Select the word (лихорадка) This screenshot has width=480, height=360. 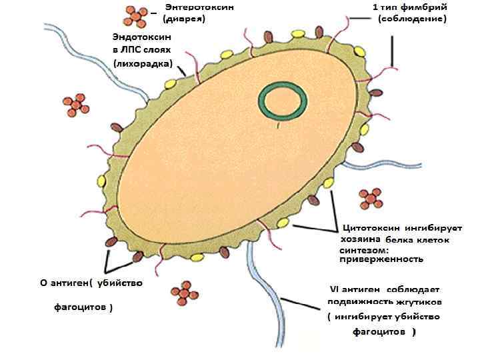pyautogui.click(x=143, y=64)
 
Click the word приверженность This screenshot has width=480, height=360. pyautogui.click(x=381, y=259)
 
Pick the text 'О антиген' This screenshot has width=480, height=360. pyautogui.click(x=63, y=283)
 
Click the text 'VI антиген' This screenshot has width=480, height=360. pyautogui.click(x=355, y=289)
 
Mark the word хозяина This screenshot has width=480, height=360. pyautogui.click(x=361, y=239)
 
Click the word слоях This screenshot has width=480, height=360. pyautogui.click(x=157, y=50)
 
